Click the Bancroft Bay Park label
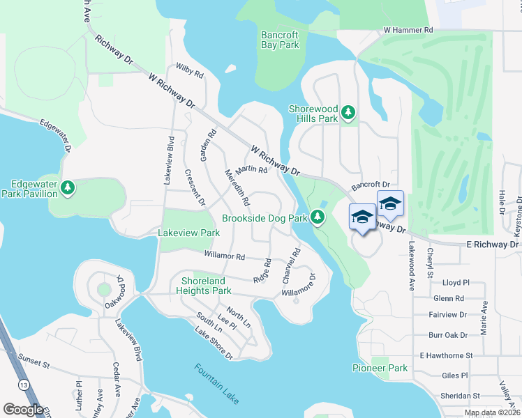[280, 40]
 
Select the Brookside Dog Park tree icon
[318, 218]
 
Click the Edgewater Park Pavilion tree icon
[68, 188]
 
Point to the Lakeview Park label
[185, 233]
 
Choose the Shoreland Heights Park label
[206, 286]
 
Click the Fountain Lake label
[217, 383]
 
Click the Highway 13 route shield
[24, 385]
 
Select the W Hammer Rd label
[408, 31]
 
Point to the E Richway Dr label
[493, 245]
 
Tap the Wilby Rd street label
[190, 70]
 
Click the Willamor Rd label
[224, 256]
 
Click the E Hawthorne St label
[447, 355]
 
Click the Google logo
[23, 410]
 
